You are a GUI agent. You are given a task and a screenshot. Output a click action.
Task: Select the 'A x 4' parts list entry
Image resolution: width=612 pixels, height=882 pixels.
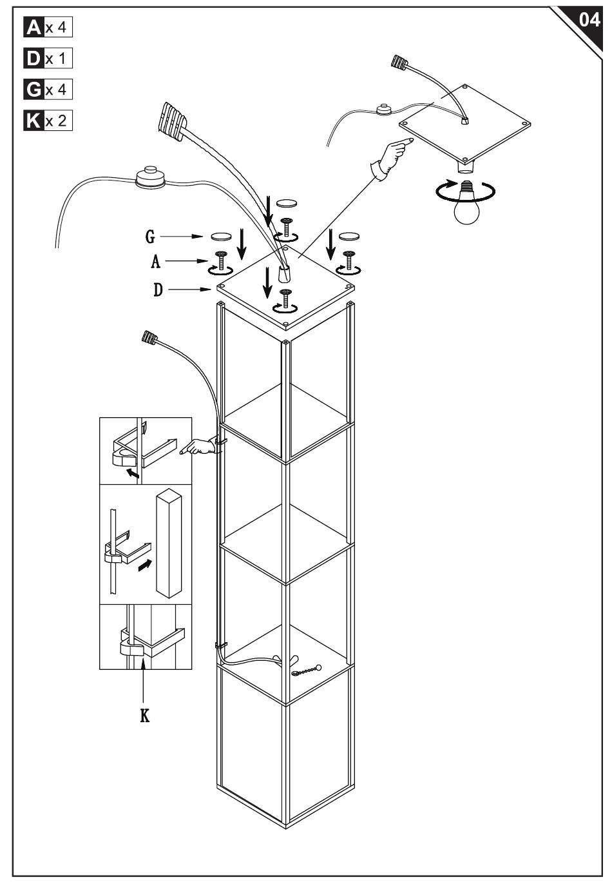[48, 28]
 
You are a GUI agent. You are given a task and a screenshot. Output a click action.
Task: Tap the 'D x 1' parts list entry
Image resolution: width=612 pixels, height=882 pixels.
[48, 59]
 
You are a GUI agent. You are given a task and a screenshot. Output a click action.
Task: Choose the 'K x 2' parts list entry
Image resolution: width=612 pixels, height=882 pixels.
[48, 120]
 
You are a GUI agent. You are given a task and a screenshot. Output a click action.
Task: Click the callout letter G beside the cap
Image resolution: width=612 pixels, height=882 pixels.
[150, 237]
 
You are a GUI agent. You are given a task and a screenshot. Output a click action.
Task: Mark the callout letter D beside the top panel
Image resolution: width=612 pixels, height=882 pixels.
[158, 290]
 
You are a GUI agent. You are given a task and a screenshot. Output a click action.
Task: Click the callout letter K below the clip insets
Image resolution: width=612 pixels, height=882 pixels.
[145, 716]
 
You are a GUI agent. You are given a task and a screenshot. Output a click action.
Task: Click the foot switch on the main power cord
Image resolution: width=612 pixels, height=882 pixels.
[151, 178]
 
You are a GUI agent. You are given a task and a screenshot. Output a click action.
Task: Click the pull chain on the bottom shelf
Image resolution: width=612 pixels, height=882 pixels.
[305, 671]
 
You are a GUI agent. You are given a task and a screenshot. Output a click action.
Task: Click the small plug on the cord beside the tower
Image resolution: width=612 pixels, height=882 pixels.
[149, 337]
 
